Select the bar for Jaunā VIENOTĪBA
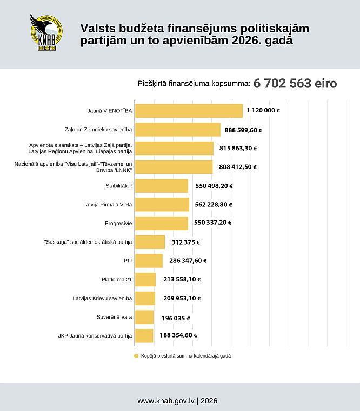click(x=188, y=111)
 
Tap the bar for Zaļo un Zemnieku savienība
click(x=177, y=130)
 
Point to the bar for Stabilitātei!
click(x=161, y=186)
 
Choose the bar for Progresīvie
click(x=161, y=223)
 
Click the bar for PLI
click(x=149, y=261)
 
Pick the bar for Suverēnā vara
click(x=144, y=317)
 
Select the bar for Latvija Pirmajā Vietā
click(x=162, y=204)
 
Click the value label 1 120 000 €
click(x=263, y=111)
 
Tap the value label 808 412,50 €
click(x=238, y=167)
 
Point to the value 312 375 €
click(x=185, y=242)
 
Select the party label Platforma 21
click(x=117, y=279)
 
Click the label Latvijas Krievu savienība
click(x=102, y=298)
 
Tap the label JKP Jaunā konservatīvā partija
click(x=95, y=335)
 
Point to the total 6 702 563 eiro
click(x=295, y=84)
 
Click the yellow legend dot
click(x=136, y=356)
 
